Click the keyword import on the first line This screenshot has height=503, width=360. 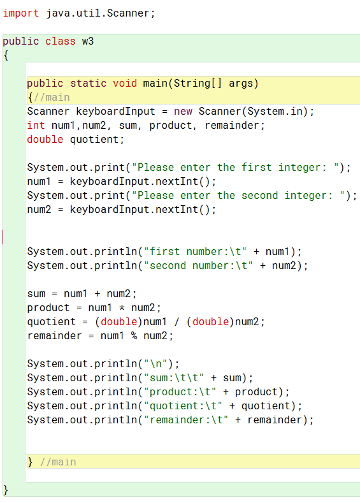(21, 13)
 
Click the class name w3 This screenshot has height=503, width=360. (88, 41)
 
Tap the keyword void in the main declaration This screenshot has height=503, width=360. (125, 83)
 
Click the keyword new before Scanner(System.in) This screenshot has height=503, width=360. (183, 112)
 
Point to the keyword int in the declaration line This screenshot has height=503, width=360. (36, 125)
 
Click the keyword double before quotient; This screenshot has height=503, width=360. (45, 139)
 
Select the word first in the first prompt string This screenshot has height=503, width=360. (256, 167)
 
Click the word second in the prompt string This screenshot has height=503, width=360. (260, 195)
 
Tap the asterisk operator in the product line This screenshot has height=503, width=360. (122, 308)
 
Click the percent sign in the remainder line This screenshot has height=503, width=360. (134, 335)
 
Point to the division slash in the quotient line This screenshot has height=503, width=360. (176, 321)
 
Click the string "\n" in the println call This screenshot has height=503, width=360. (156, 363)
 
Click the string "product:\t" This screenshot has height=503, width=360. (180, 391)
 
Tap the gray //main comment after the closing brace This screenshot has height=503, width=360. (58, 462)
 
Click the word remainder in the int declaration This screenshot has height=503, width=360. (232, 125)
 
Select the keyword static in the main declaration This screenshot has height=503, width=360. (88, 83)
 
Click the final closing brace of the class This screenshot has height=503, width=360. (6, 490)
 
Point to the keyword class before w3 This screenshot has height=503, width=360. (61, 41)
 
